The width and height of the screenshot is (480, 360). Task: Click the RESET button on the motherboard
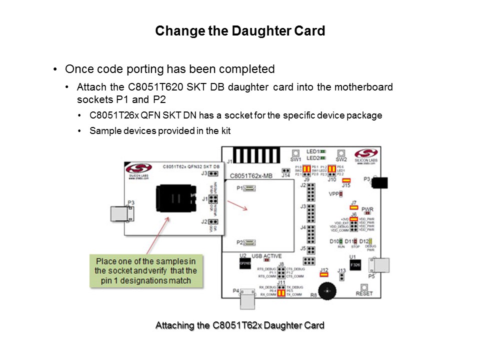click(x=364, y=287)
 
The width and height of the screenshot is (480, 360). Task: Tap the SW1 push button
click(x=295, y=152)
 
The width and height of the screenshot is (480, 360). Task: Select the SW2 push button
click(x=341, y=152)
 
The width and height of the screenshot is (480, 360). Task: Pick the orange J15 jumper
click(x=346, y=180)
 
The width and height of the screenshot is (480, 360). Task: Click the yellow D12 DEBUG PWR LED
click(x=371, y=241)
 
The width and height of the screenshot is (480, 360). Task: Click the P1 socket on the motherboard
click(x=248, y=188)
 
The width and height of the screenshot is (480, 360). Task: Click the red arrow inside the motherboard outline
click(x=237, y=205)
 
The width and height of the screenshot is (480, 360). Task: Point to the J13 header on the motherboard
click(x=342, y=275)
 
